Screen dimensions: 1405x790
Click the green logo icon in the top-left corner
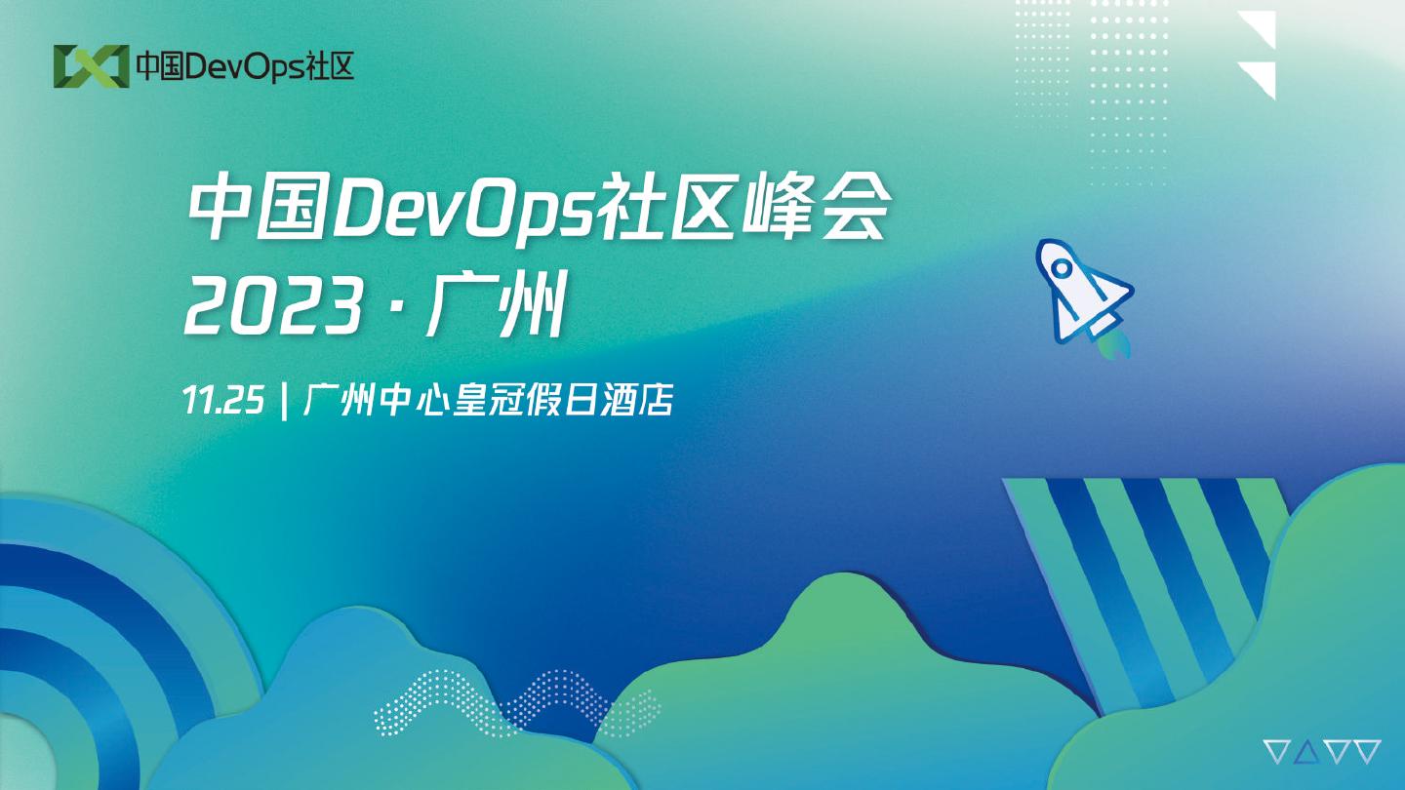click(92, 66)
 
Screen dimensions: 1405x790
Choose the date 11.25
click(223, 400)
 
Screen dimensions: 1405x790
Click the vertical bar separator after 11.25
click(285, 400)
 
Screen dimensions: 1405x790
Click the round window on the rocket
click(1062, 268)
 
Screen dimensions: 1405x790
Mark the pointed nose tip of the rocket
click(1040, 242)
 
